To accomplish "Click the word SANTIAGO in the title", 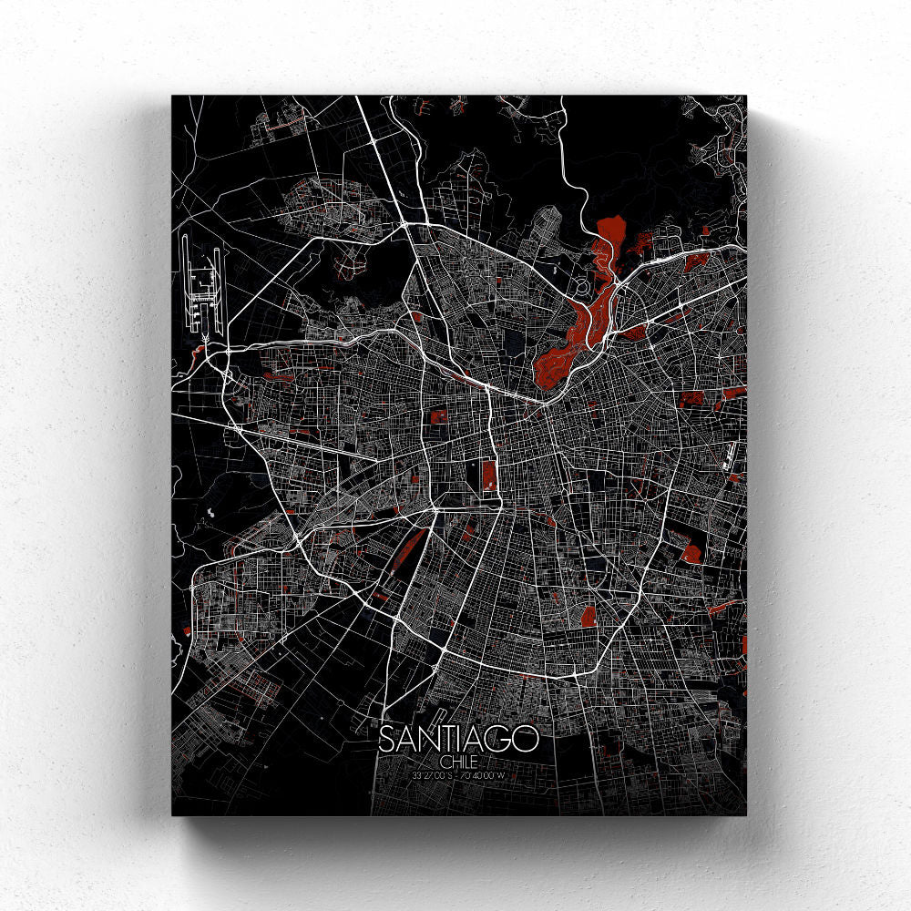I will click(x=457, y=739).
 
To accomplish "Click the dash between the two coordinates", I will click(x=457, y=774).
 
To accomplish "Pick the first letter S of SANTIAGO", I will click(x=386, y=739).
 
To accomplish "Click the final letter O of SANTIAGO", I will click(x=527, y=739).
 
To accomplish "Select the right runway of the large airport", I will click(x=220, y=287).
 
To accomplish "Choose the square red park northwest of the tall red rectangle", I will click(x=439, y=417).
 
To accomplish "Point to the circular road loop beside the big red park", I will click(x=581, y=290).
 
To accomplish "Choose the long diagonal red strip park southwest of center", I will click(x=408, y=548).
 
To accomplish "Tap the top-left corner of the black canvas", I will click(x=172, y=96).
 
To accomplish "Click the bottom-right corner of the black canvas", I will click(x=745, y=814).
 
